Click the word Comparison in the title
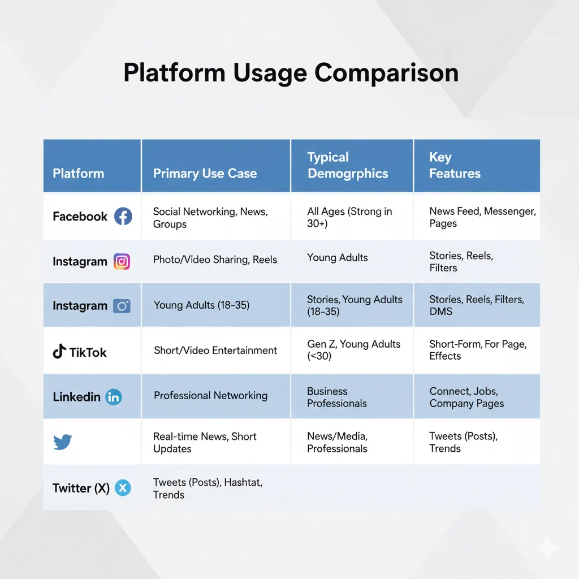387,73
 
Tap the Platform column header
78,173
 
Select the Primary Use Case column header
205,174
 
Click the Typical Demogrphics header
348,165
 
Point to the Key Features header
455,165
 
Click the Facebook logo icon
123,217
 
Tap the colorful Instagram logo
122,261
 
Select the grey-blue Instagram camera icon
122,306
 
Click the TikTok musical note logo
59,352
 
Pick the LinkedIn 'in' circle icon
113,397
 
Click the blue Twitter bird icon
62,442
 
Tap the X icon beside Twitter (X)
123,488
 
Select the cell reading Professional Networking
210,395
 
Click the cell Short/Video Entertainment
215,350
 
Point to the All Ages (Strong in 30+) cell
349,217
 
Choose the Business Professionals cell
337,397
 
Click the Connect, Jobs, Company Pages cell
466,397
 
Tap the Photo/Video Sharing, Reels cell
215,259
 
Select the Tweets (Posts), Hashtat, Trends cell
208,488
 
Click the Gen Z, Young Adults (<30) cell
354,349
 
